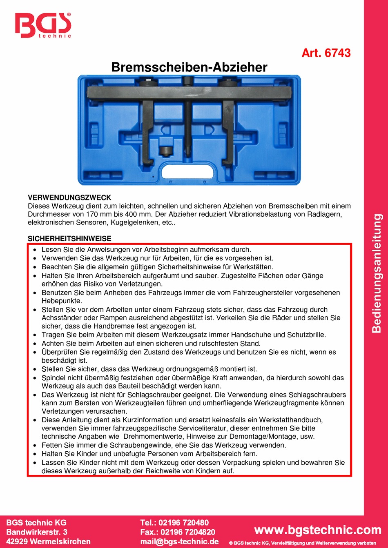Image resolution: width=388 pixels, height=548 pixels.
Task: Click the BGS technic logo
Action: point(43,26)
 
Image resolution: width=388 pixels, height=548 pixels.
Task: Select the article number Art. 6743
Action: point(326,53)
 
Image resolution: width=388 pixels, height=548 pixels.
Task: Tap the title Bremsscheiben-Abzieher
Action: point(189,67)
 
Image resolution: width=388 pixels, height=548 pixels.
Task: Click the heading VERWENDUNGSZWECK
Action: point(69,197)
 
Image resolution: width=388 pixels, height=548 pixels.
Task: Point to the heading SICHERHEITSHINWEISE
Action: point(69,239)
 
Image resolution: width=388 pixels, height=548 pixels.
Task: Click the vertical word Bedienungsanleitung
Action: point(377,273)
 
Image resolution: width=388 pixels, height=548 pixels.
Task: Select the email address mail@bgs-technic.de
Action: point(179,541)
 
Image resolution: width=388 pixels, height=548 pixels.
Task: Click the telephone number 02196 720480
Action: point(183,523)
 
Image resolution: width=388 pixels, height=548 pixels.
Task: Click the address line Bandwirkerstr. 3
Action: point(37,532)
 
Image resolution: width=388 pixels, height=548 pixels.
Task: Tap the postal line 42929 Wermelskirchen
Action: point(48,541)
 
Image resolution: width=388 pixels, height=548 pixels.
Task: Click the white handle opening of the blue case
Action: point(188,171)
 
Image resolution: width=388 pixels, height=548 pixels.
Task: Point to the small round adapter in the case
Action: point(166,150)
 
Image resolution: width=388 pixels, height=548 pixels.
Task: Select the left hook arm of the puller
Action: point(148,126)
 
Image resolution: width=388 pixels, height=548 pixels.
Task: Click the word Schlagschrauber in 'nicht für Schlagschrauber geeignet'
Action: point(178,395)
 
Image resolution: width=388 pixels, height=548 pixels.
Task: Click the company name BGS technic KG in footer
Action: point(36,523)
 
